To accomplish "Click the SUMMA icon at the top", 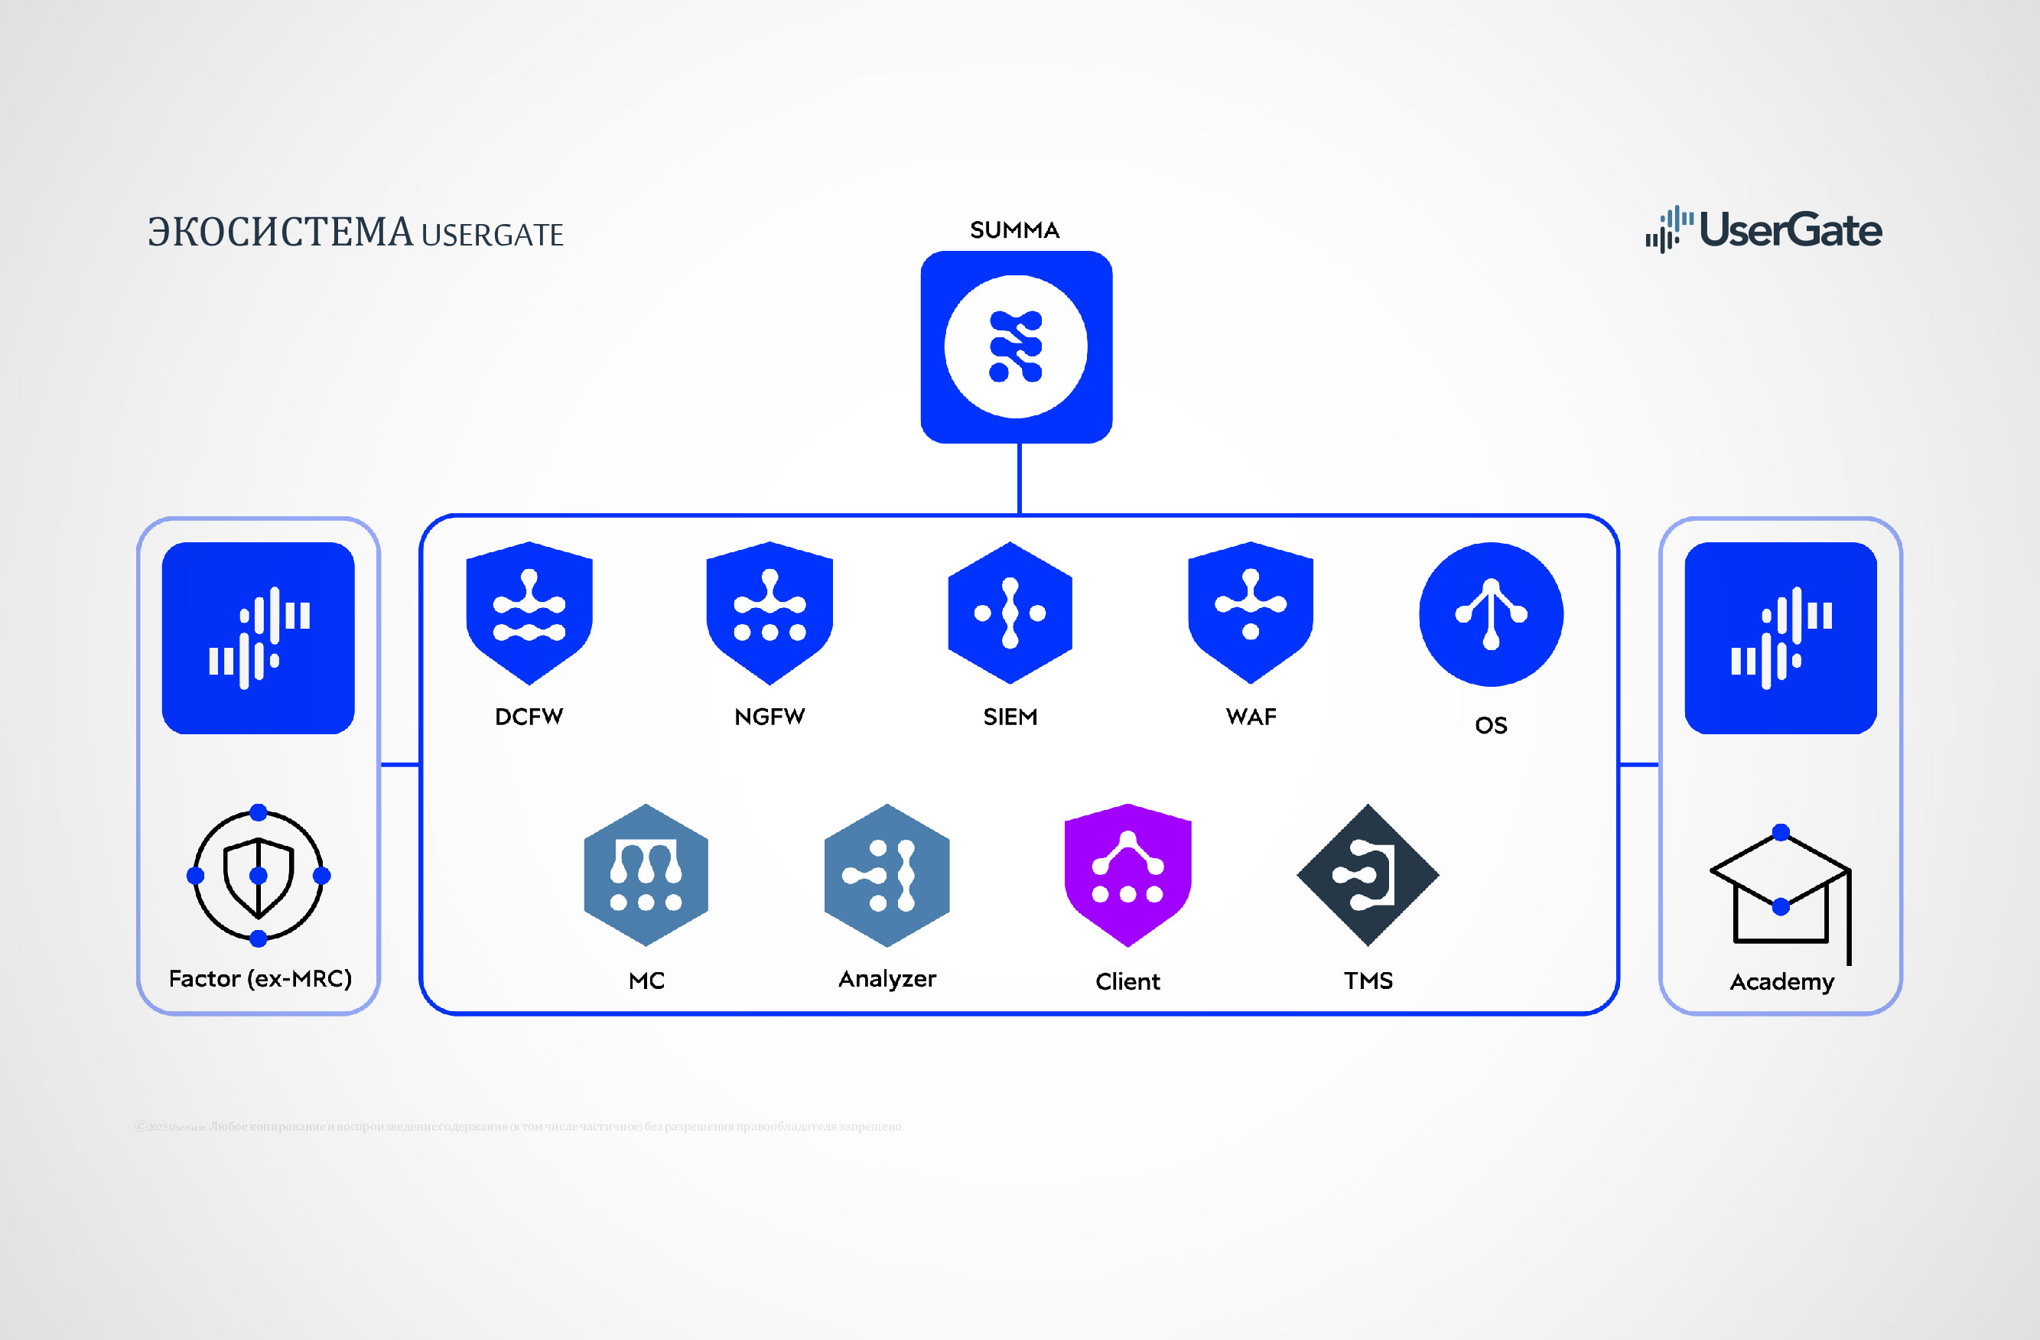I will tap(1016, 346).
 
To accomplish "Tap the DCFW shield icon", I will tap(529, 612).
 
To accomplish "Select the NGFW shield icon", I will tap(769, 612).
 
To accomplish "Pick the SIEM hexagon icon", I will tap(1010, 612).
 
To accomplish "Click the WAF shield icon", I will tap(1251, 612).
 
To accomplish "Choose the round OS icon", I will tap(1491, 614).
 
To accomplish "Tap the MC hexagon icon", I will tap(646, 874).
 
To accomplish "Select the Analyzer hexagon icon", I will tap(887, 874).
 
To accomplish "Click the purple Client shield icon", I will tap(1128, 874).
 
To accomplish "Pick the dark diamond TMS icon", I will tap(1368, 874).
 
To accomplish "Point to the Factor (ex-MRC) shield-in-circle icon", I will tap(258, 875).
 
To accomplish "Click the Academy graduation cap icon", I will tap(1780, 892).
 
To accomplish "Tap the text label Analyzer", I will tap(887, 979).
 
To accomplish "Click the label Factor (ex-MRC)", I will tap(260, 979).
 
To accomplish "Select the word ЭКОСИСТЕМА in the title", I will tap(280, 233).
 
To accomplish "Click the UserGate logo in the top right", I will tap(1763, 229).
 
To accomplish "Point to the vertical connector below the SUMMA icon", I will tap(1019, 478).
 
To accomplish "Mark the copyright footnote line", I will tap(519, 1127).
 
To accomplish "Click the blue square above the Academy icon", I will tap(1780, 638).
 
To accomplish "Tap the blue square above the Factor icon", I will tap(258, 638).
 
